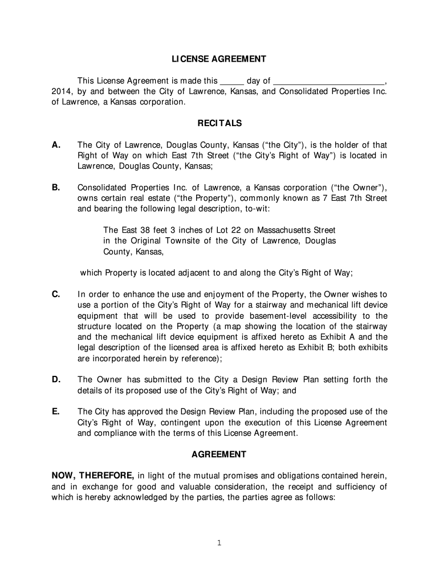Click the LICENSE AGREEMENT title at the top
(x=219, y=59)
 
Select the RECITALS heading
(x=219, y=123)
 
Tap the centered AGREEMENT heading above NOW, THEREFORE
(x=219, y=455)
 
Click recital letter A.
(x=56, y=145)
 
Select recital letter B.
(x=56, y=188)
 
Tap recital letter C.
(x=56, y=294)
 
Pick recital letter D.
(x=56, y=380)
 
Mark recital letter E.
(x=56, y=412)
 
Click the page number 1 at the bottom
(x=219, y=543)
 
